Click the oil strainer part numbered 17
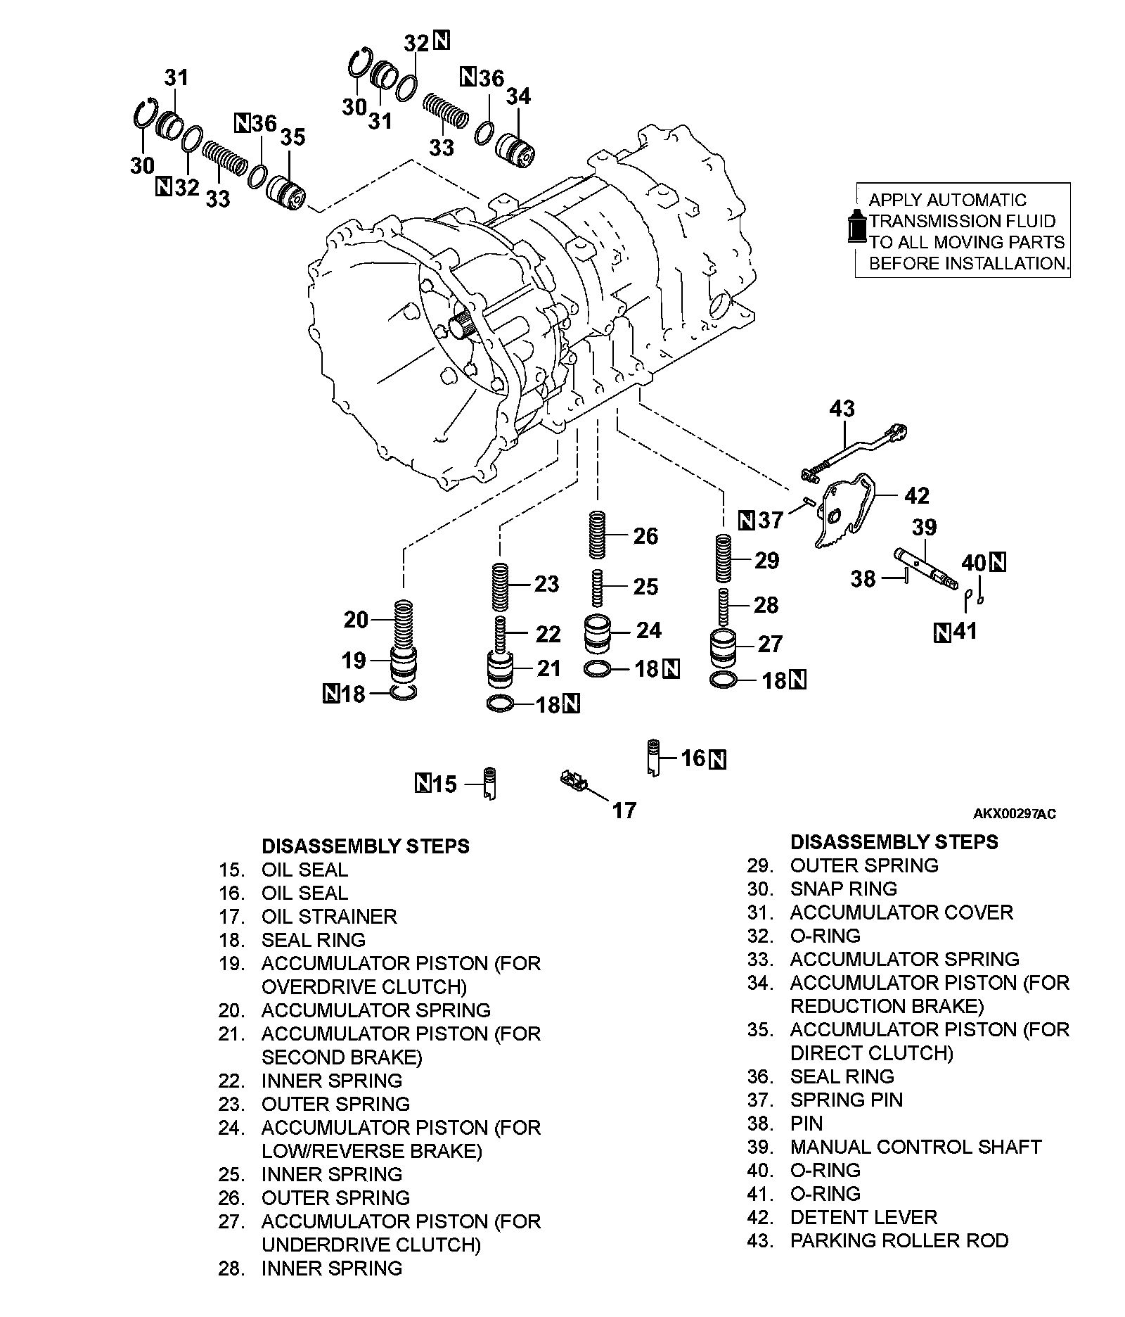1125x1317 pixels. click(x=572, y=780)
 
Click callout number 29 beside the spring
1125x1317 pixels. click(x=766, y=560)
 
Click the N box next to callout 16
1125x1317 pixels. click(x=717, y=759)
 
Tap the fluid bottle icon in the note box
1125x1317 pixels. click(x=857, y=227)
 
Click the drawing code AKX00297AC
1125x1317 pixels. click(x=1014, y=814)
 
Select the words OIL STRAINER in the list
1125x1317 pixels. click(x=329, y=917)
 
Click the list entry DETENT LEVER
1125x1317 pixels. click(x=863, y=1217)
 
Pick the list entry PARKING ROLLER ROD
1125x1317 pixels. click(x=899, y=1240)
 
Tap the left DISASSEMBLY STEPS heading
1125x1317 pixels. click(x=366, y=846)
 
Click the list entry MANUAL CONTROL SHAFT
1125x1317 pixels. click(x=915, y=1147)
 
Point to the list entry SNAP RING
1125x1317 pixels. click(x=844, y=889)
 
